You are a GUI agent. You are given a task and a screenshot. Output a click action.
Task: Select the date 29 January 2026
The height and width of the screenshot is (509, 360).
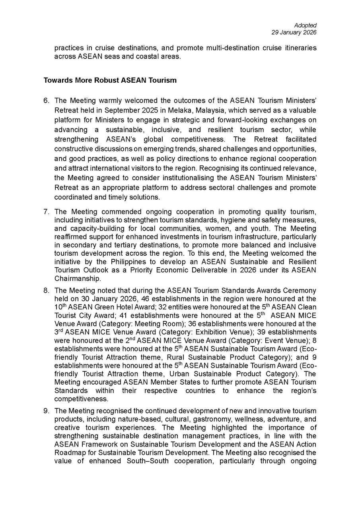pos(294,33)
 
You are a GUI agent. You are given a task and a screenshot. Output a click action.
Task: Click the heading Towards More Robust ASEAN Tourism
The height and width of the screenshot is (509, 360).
pos(110,80)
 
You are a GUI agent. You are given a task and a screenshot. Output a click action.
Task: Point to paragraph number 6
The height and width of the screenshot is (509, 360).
pos(46,101)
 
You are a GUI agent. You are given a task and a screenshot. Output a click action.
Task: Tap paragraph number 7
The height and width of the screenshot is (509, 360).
pos(46,212)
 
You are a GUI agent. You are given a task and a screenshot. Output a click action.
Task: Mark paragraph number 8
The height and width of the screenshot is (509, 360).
pos(46,290)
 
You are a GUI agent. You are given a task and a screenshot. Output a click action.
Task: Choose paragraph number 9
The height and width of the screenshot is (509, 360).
pos(46,410)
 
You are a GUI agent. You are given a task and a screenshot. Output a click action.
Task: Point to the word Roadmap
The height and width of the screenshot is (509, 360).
pos(68,453)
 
